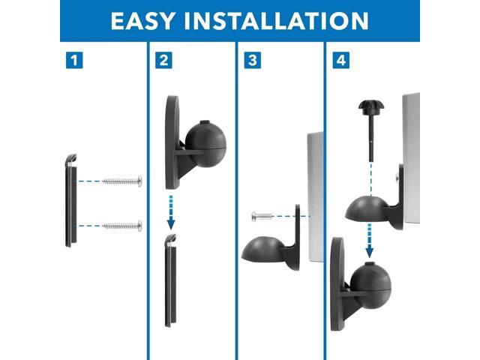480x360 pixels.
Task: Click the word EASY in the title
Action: click(x=143, y=20)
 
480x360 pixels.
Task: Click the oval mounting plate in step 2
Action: click(x=172, y=142)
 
